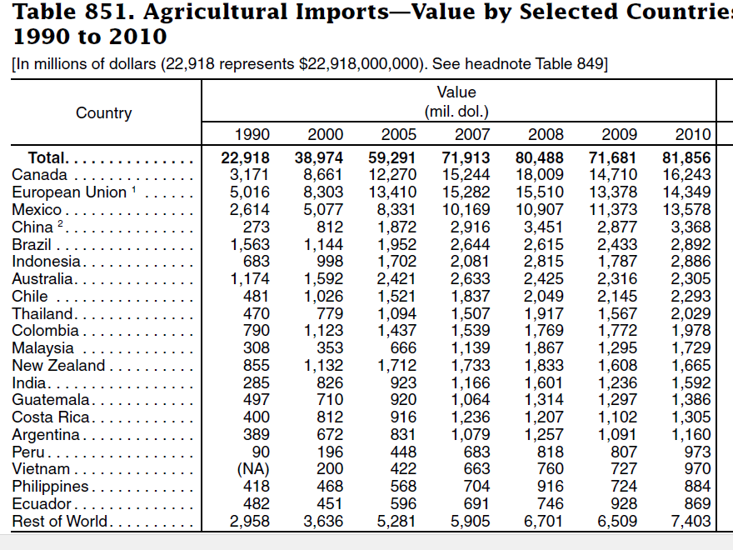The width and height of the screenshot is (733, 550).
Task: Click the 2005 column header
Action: (x=398, y=134)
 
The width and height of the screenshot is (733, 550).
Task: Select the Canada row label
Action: (x=39, y=175)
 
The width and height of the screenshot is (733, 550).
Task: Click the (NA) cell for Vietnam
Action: (x=249, y=469)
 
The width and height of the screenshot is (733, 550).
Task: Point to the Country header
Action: (x=104, y=113)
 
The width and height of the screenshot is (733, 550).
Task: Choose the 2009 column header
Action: (x=619, y=134)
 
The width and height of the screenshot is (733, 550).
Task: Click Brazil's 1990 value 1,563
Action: (x=250, y=245)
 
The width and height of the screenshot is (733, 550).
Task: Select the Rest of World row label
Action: (x=59, y=522)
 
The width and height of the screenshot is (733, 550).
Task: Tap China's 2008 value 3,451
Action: (x=543, y=227)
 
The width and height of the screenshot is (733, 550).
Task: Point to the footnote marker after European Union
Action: (x=132, y=190)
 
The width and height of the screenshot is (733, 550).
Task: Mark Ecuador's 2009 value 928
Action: (x=625, y=504)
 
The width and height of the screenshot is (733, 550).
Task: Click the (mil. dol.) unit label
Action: (x=456, y=112)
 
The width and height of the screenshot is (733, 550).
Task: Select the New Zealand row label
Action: (x=58, y=366)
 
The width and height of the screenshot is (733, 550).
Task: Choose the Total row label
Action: (x=47, y=157)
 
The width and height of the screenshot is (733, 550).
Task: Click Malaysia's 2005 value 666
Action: (x=403, y=348)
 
